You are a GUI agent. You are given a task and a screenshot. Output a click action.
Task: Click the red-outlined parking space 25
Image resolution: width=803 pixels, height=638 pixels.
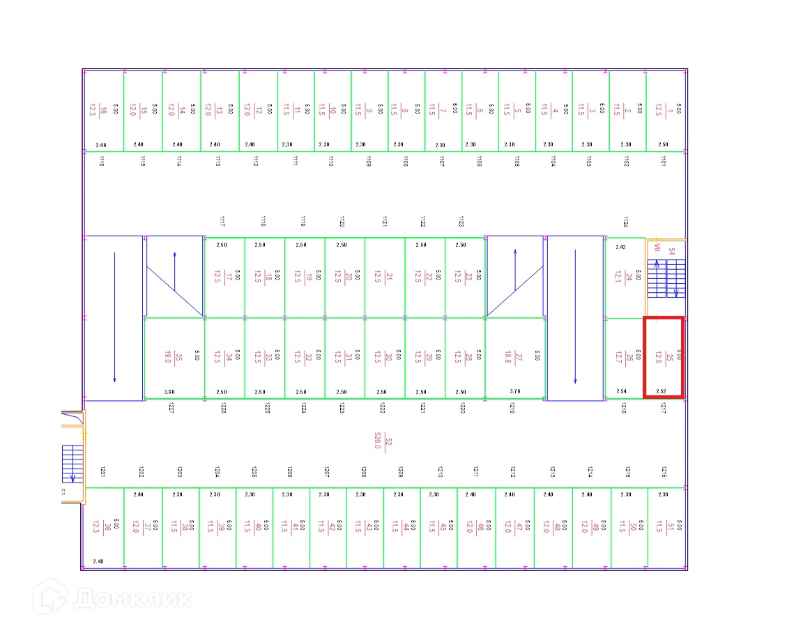663,358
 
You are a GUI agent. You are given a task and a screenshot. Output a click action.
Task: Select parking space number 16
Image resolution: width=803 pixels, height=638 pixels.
102,110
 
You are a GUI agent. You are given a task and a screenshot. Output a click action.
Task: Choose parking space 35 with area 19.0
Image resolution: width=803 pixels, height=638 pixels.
174,358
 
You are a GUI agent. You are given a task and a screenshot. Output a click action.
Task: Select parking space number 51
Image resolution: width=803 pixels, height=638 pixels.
666,528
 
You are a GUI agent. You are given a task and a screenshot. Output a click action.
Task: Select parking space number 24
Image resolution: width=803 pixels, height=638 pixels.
625,277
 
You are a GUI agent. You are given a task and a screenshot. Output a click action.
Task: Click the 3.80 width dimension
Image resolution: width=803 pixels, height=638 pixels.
170,392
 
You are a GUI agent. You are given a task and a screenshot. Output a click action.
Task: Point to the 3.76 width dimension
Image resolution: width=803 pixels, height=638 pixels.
515,392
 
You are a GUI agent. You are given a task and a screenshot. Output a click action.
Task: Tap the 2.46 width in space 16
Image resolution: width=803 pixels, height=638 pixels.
101,145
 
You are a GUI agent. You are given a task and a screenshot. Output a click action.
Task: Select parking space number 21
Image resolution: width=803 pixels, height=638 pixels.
385,277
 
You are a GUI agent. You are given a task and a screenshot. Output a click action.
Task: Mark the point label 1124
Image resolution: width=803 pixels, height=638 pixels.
625,222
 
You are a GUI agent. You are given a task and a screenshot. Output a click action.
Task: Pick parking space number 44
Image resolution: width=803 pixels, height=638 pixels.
400,528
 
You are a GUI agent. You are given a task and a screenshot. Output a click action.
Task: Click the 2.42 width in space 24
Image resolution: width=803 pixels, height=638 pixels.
620,246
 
